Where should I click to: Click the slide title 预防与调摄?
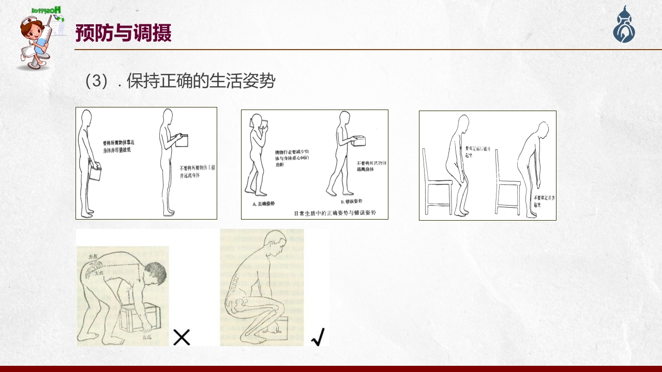click(x=123, y=33)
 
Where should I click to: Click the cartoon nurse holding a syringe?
click(x=38, y=39)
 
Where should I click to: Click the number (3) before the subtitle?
click(x=97, y=81)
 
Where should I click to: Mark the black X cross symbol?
click(x=182, y=337)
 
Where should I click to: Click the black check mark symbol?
click(x=318, y=337)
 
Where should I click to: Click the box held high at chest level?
click(x=182, y=141)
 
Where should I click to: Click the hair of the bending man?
click(x=155, y=272)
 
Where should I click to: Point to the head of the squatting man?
click(x=275, y=245)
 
